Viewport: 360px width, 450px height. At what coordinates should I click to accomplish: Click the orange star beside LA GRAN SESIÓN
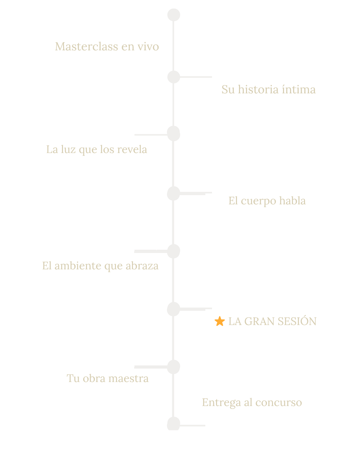coord(220,321)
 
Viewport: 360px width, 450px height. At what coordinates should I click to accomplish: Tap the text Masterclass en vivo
coord(107,46)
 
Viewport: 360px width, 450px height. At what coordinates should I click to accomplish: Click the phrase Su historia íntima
coord(268,89)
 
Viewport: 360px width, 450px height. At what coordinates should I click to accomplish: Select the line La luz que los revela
coord(97,149)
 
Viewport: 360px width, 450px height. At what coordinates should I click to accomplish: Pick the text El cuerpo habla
coord(267,201)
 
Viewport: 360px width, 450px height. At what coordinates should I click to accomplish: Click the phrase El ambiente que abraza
coord(100,266)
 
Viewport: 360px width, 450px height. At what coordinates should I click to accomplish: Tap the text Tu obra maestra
coord(108,378)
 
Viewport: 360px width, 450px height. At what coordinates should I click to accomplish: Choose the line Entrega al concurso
coord(252,402)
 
